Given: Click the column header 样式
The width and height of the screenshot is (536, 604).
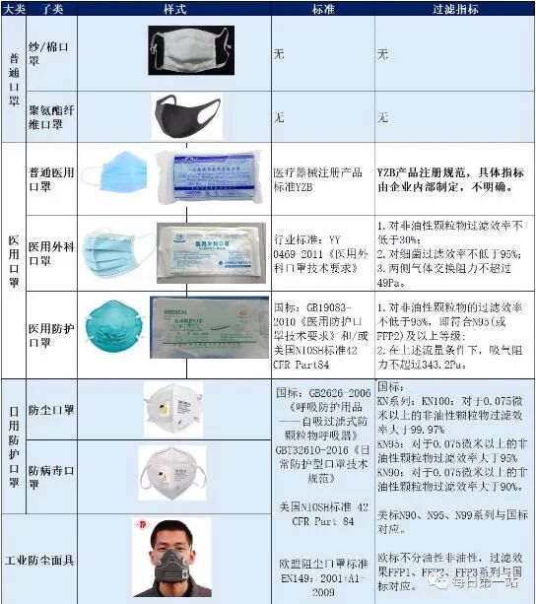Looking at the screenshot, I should coord(174,8).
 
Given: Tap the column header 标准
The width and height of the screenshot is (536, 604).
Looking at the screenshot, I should coord(323,8).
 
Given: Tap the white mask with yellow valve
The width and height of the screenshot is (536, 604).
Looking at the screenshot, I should coord(172,406).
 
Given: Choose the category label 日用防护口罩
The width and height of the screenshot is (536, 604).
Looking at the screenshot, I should coord(13,443).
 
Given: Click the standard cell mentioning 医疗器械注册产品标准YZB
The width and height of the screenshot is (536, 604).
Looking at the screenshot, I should coord(322,178).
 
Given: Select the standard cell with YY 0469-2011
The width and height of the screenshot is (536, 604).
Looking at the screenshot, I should coord(322,250).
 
